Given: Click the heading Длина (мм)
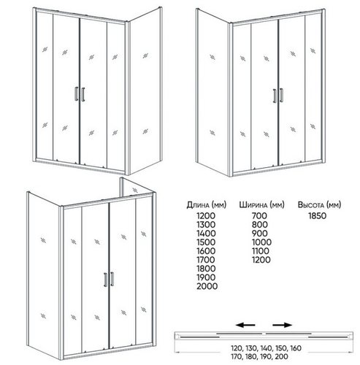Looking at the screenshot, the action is coord(207,205).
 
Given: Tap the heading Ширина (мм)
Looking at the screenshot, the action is coord(261,205).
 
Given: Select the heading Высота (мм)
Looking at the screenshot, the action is coord(319,205).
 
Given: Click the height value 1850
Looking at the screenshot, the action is coord(318,216).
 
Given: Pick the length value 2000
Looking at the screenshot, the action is coord(207,286).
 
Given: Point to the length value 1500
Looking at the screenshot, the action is coord(206,242).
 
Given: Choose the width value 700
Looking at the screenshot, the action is coord(259,216).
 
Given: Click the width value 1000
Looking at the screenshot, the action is coord(261,242).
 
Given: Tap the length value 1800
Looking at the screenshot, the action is coord(206,269).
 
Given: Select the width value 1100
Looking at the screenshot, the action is coord(261,251).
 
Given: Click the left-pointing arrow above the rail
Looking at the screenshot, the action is coord(245,325).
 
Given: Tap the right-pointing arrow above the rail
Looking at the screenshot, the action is coord(283,325).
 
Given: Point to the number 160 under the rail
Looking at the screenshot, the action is coord(296,348).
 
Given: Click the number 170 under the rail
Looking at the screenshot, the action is coord(236,357).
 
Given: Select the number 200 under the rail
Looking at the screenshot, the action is coord(282,357).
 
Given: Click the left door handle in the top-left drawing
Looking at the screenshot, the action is coord(76,94).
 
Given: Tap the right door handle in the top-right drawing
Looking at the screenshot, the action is coord(281,95).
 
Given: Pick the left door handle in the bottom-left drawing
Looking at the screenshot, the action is coord(105,280).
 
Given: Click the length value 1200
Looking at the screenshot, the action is coord(206,216).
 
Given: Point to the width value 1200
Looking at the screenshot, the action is coord(261,260).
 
